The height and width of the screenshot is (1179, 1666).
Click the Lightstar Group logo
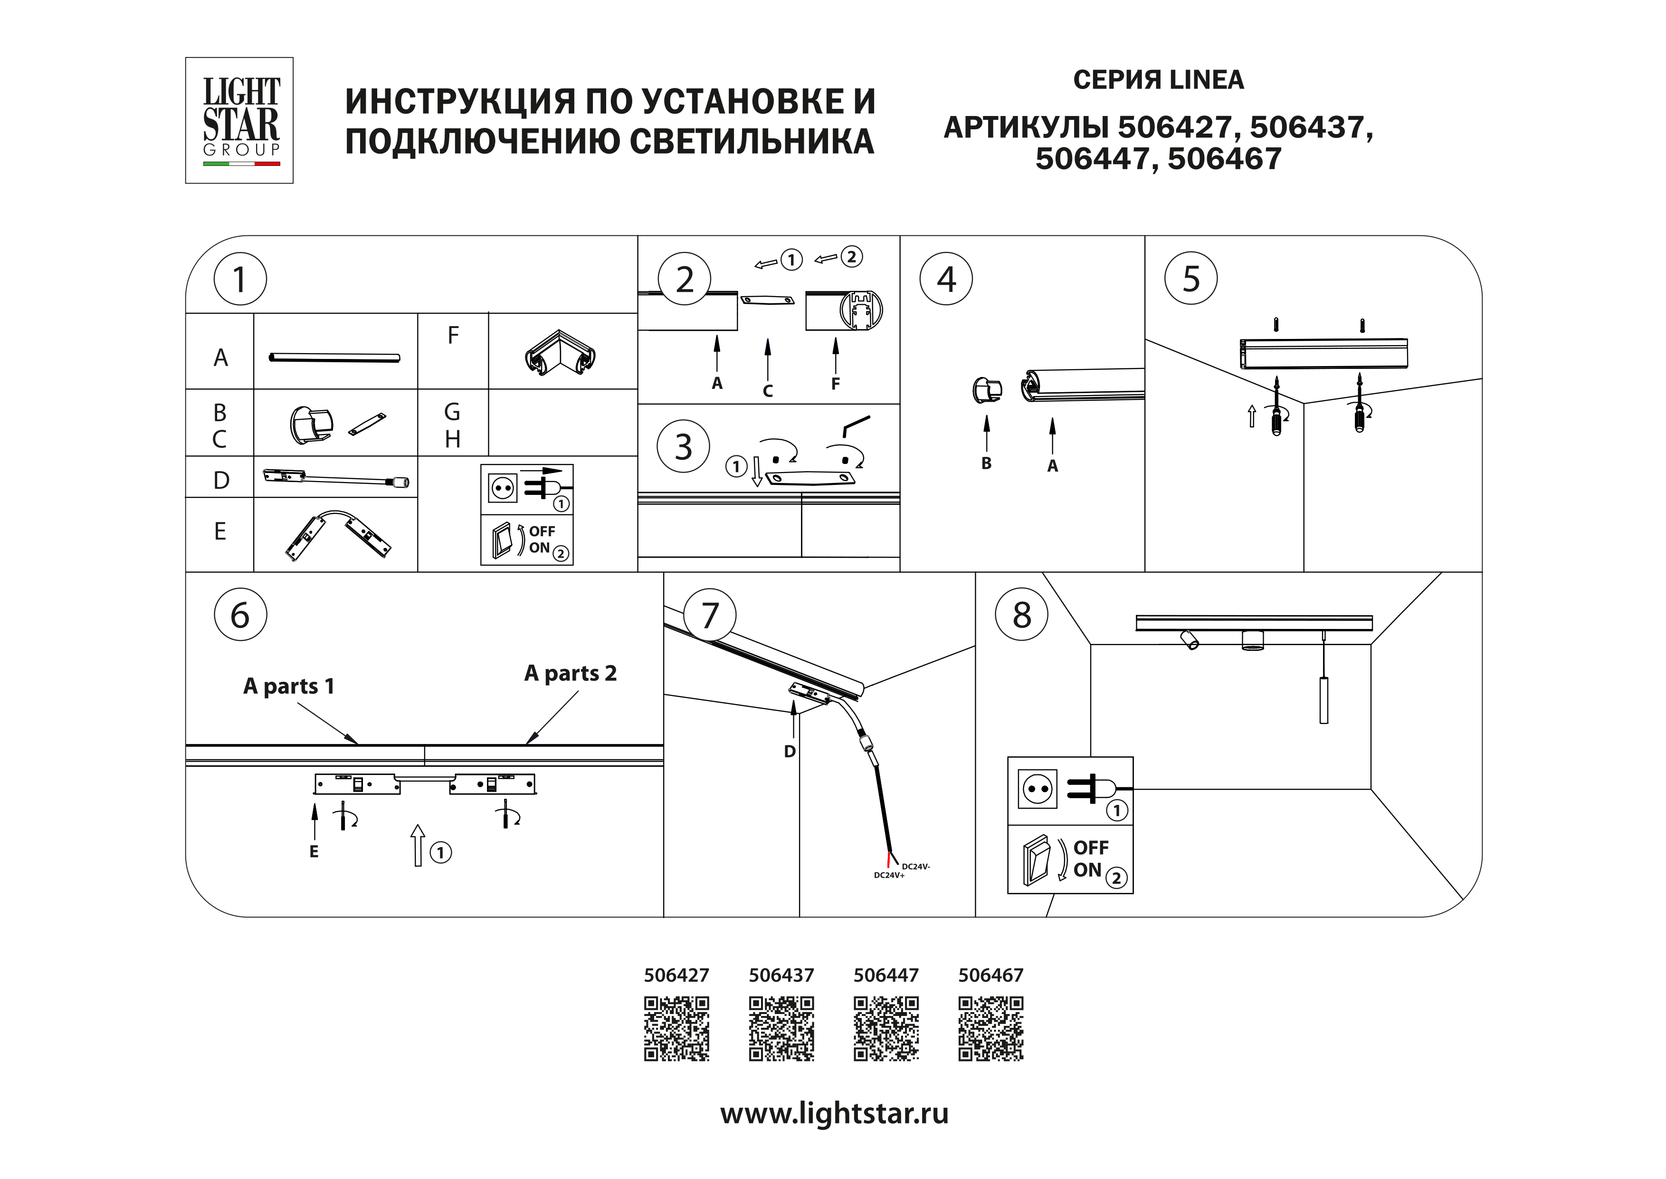tap(239, 120)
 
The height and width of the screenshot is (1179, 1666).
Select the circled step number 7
tap(710, 615)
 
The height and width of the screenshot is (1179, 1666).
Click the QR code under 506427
tap(676, 1029)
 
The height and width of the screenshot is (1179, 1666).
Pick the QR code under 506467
tap(990, 1029)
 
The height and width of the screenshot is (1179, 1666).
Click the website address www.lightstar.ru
tap(834, 1113)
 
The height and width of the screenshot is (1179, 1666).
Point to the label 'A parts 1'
tap(289, 686)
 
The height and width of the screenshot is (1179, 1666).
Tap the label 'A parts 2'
tap(571, 674)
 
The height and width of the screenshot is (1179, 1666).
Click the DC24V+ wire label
tap(889, 876)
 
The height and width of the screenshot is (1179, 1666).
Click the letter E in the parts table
tap(220, 532)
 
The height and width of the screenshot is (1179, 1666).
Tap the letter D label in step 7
tap(790, 752)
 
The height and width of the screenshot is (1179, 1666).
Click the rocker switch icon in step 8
tap(1036, 861)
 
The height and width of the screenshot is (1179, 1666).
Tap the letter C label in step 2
tap(768, 391)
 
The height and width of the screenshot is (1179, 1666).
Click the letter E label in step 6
tap(314, 851)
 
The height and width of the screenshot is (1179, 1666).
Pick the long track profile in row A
tap(334, 357)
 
